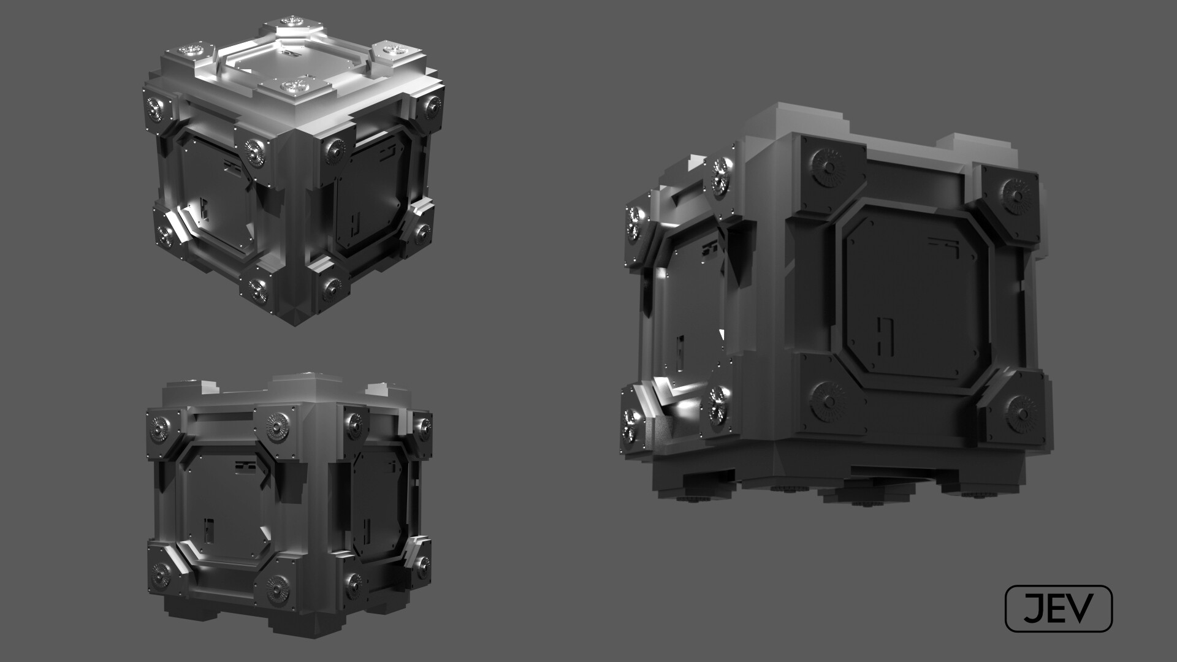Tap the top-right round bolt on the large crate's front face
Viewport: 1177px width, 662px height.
coord(1016,196)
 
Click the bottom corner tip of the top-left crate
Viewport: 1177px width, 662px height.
coord(296,321)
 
